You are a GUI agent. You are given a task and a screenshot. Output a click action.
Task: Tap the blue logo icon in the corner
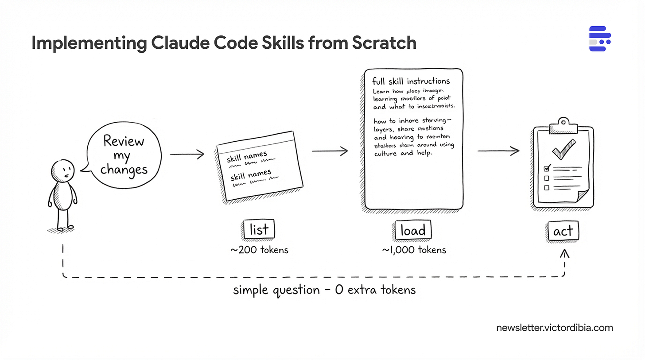(600, 39)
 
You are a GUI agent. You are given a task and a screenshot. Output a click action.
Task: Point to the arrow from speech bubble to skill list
(187, 154)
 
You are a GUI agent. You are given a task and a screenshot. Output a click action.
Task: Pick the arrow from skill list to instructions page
(330, 151)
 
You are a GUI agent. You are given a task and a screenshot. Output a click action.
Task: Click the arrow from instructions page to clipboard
(498, 151)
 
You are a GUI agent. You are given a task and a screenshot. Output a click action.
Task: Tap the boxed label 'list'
(259, 230)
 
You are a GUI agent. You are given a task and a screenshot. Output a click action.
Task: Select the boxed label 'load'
(412, 230)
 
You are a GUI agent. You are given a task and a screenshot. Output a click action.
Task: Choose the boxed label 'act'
(563, 231)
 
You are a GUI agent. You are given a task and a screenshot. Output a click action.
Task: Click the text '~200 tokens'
(259, 250)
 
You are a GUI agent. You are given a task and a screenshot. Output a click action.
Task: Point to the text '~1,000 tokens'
(414, 250)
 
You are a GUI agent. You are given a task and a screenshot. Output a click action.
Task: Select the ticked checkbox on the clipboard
(547, 168)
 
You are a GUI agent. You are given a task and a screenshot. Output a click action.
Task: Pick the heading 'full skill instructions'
(412, 81)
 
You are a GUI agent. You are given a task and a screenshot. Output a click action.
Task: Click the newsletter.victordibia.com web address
(555, 328)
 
